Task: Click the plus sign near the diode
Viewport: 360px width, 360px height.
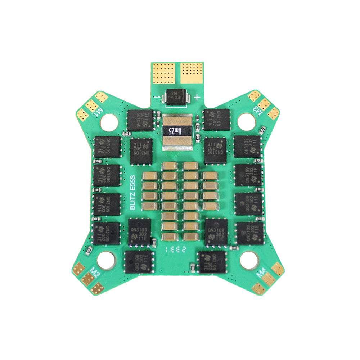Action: pyautogui.click(x=197, y=97)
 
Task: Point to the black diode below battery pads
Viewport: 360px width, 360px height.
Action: pyautogui.click(x=177, y=97)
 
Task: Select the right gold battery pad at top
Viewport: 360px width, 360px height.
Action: pyautogui.click(x=192, y=72)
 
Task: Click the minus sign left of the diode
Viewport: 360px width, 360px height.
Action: pyautogui.click(x=156, y=98)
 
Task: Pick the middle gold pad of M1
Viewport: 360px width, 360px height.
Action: pyautogui.click(x=91, y=105)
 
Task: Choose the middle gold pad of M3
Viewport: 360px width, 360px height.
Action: pyautogui.click(x=265, y=104)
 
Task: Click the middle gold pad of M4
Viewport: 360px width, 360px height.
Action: pyautogui.click(x=268, y=279)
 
